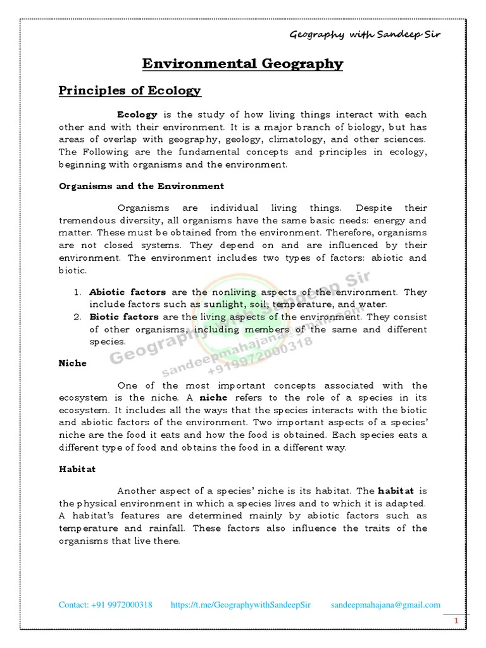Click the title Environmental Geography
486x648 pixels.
242,64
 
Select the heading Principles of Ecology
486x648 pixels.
130,90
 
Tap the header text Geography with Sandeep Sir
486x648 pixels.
364,34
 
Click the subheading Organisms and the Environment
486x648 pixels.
141,186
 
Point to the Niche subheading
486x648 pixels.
72,363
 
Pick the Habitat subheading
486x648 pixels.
77,470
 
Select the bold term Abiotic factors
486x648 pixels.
127,292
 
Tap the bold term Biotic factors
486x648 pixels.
125,317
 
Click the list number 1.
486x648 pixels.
77,292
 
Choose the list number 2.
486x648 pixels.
77,317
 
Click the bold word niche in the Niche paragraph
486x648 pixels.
213,398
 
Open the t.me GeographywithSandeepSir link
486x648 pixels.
241,605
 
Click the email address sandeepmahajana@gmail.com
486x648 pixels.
385,605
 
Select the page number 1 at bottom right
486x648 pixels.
455,623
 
